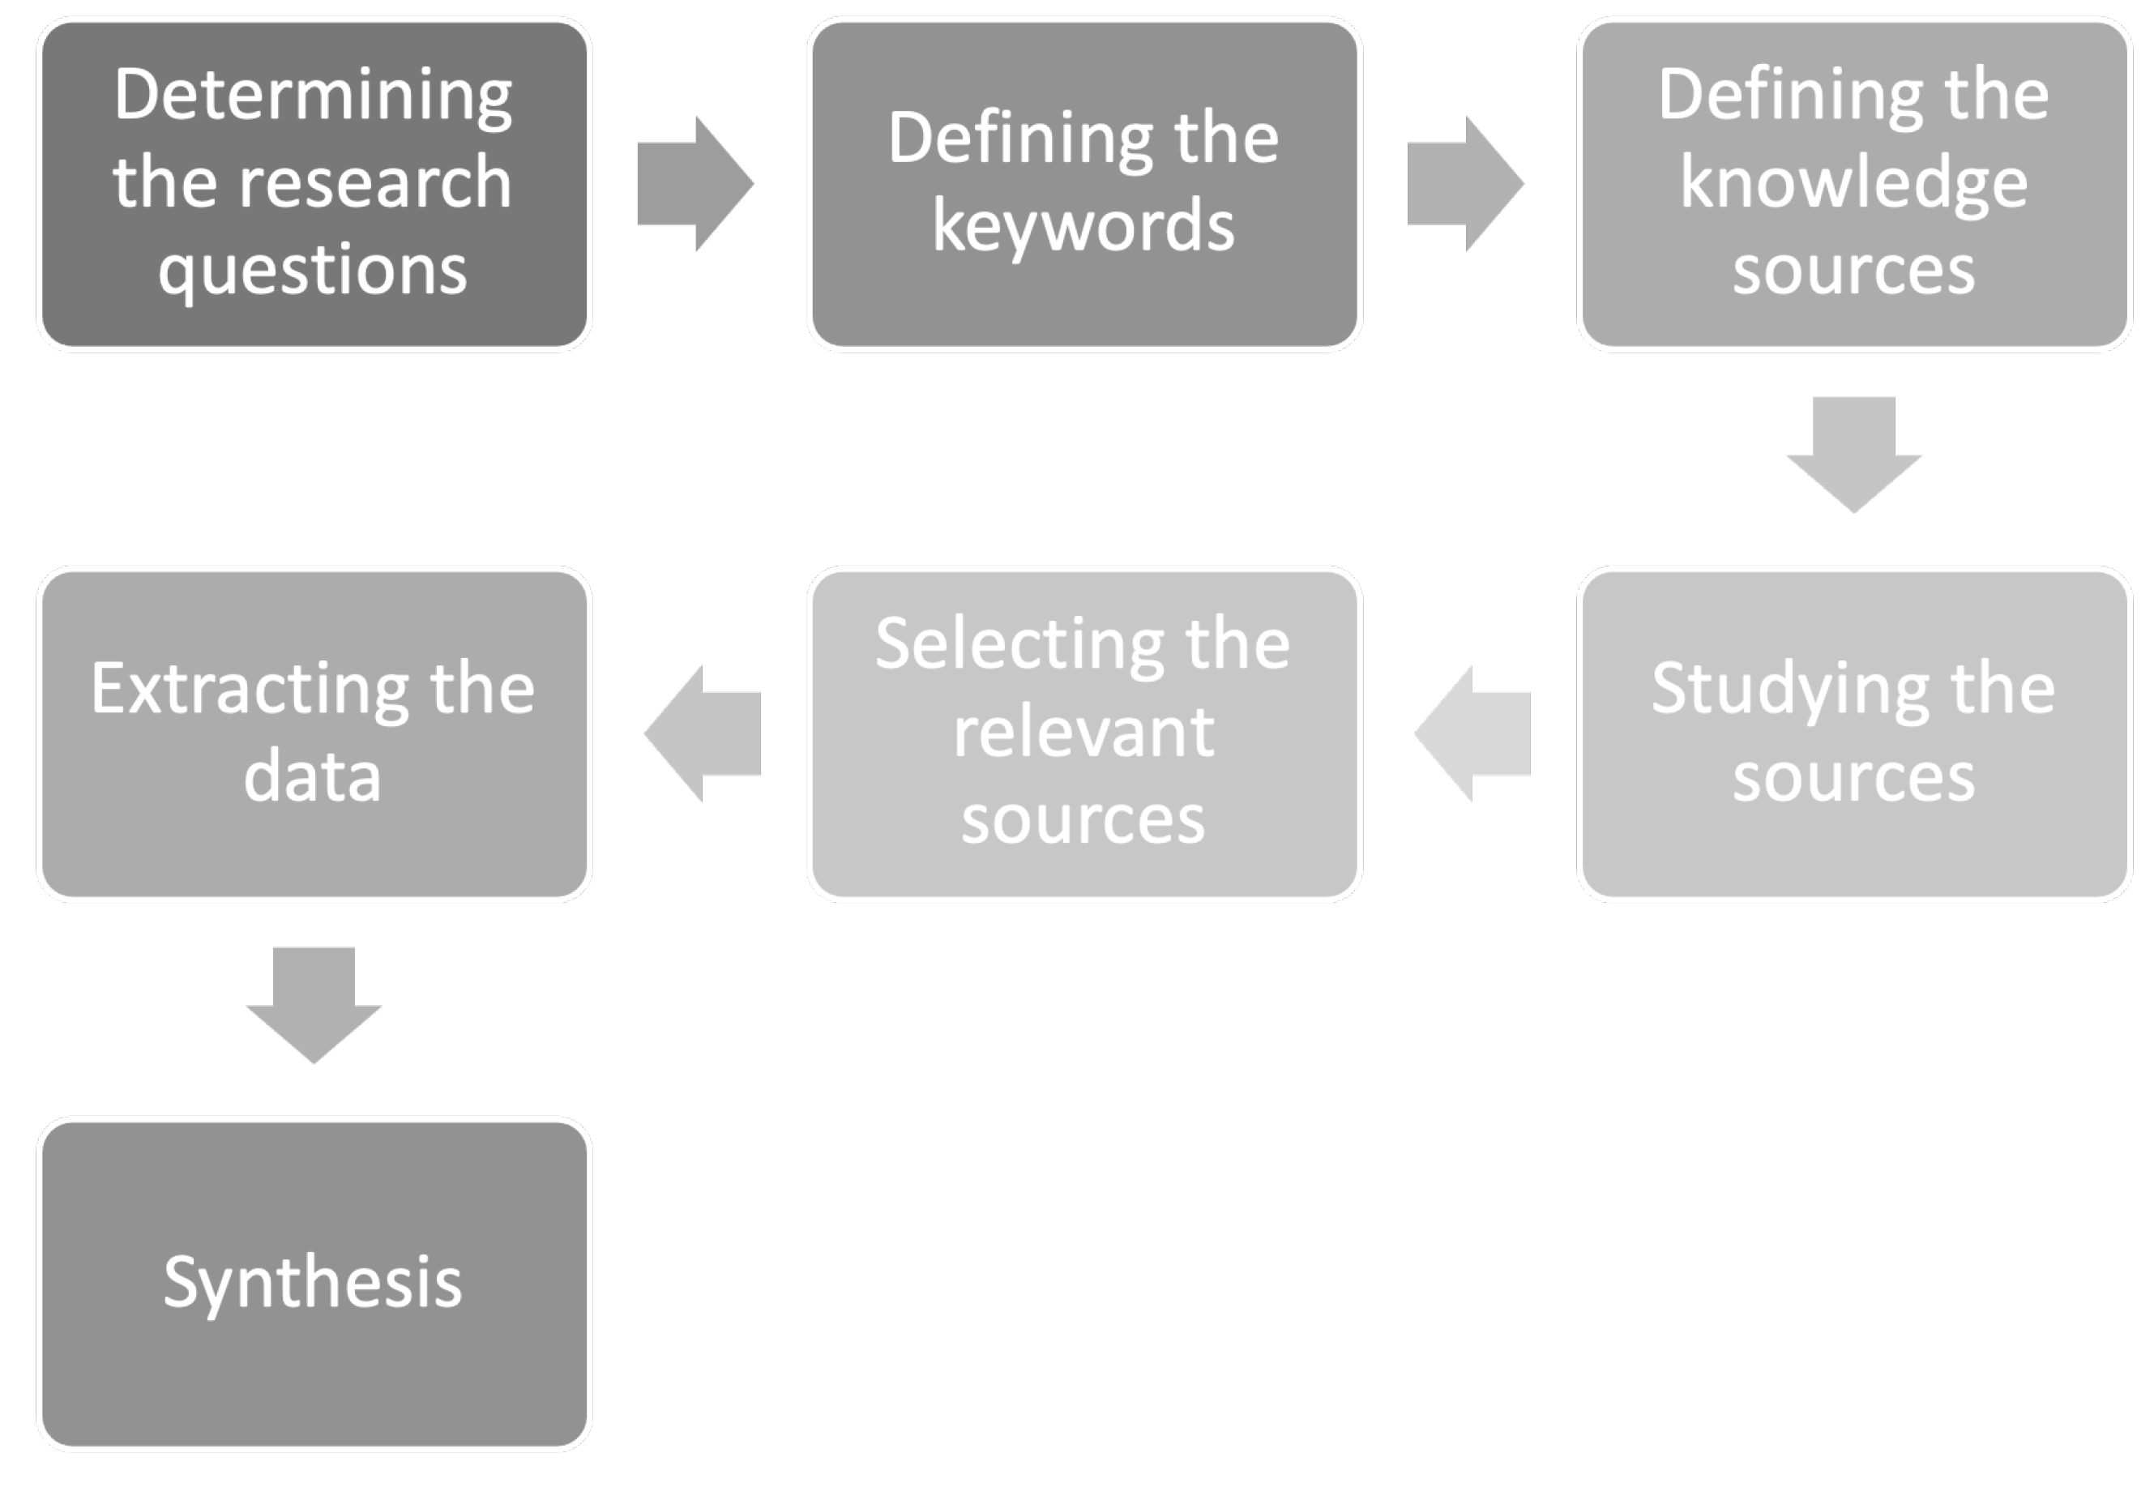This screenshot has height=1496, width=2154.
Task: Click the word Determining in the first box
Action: pyautogui.click(x=312, y=96)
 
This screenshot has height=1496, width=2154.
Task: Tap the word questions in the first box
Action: pyautogui.click(x=312, y=271)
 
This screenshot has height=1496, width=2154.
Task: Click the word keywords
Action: pyautogui.click(x=1083, y=227)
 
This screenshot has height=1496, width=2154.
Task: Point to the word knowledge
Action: pyautogui.click(x=1853, y=183)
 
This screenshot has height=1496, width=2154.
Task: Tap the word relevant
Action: pyautogui.click(x=1083, y=732)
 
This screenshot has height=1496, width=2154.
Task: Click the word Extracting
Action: pyautogui.click(x=249, y=690)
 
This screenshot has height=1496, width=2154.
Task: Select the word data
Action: pyautogui.click(x=312, y=777)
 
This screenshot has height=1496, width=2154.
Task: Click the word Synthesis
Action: pyautogui.click(x=312, y=1281)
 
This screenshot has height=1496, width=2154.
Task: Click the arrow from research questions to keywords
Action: pyautogui.click(x=694, y=184)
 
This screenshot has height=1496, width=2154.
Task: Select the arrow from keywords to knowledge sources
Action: pyautogui.click(x=1464, y=184)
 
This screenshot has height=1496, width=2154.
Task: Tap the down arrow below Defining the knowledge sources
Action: pyautogui.click(x=1853, y=453)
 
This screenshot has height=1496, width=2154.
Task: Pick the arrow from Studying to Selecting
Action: pyautogui.click(x=1472, y=734)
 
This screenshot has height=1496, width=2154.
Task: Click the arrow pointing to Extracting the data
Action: pyautogui.click(x=703, y=734)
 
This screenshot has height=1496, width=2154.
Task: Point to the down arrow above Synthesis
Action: pyautogui.click(x=313, y=1003)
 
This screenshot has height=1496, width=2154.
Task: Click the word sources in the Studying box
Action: pyautogui.click(x=1853, y=777)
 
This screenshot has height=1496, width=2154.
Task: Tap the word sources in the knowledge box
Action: pyautogui.click(x=1853, y=271)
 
